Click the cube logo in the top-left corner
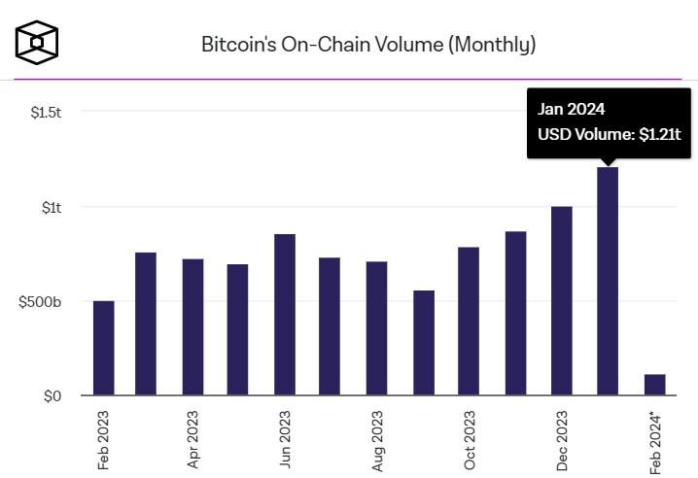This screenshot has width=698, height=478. click(37, 42)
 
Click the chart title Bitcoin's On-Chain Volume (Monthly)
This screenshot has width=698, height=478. click(367, 44)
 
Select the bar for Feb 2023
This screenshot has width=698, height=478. click(103, 348)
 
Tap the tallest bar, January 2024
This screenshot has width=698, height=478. click(608, 282)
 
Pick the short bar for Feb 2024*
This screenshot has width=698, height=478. click(654, 385)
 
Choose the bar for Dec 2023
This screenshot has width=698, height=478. click(562, 301)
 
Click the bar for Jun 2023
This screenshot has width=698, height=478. click(285, 315)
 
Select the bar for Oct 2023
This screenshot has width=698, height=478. click(469, 322)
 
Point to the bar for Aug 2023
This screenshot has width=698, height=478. click(377, 328)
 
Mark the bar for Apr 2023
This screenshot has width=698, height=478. click(192, 327)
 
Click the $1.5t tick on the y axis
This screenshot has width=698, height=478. click(46, 113)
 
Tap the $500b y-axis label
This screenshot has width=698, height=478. click(41, 301)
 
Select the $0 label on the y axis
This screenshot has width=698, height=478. click(52, 395)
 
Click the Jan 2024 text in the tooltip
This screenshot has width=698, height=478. click(571, 109)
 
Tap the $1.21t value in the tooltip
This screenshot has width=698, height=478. click(659, 136)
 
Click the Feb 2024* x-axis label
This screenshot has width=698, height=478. click(656, 442)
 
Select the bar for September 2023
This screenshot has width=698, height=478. click(424, 343)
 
